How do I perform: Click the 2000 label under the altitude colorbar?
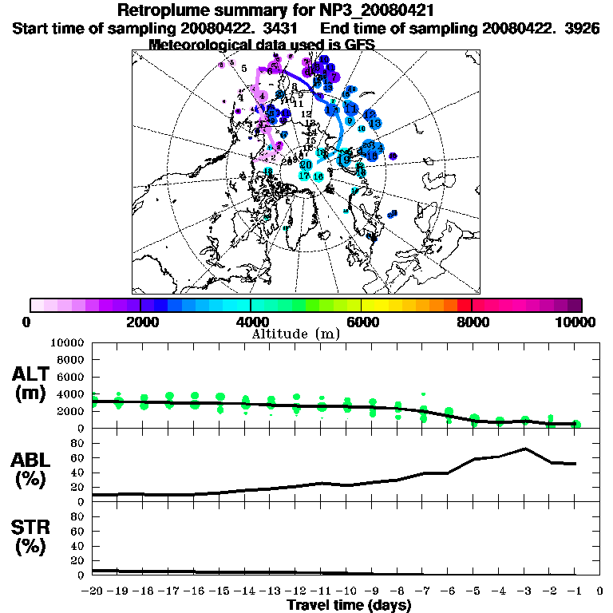(x=140, y=322)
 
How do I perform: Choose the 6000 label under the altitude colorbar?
(x=362, y=322)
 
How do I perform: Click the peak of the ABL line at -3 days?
(x=524, y=448)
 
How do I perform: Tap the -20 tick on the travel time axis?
(x=93, y=591)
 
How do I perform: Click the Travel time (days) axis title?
(x=349, y=605)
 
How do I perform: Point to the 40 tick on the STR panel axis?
(x=78, y=545)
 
